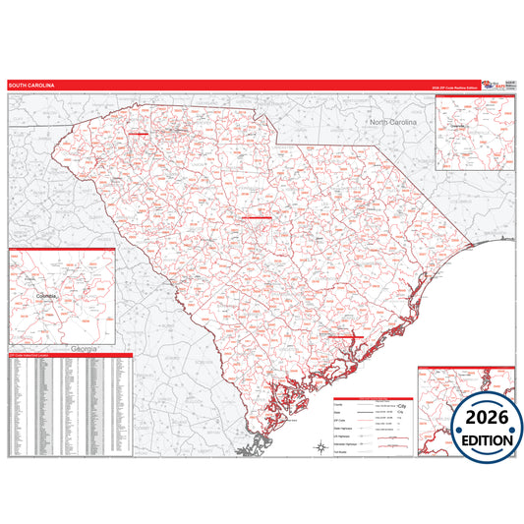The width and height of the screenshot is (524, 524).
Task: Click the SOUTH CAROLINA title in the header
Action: click(32, 87)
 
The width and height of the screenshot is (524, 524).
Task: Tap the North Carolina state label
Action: click(393, 121)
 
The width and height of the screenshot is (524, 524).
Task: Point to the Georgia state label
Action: click(73, 349)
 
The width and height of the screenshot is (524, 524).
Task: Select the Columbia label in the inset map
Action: click(46, 294)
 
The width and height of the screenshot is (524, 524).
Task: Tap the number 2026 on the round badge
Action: click(488, 418)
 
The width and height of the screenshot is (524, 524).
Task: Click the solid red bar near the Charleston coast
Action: click(345, 336)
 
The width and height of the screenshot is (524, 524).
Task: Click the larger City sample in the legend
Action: click(400, 404)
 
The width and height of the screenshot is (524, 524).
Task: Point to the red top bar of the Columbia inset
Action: click(61, 250)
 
